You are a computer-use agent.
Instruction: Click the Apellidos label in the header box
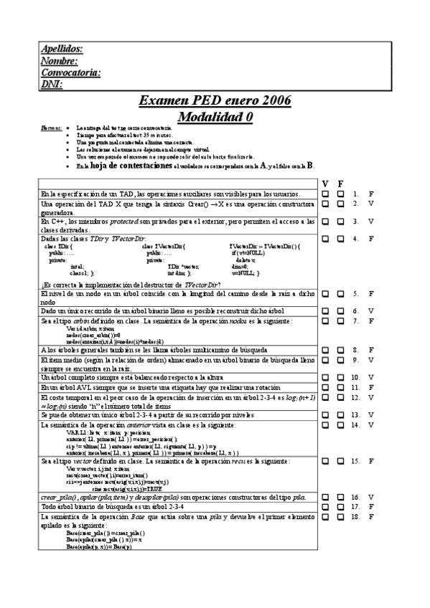click(61, 49)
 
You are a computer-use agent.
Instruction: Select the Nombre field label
click(58, 61)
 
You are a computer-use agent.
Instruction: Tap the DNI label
click(52, 85)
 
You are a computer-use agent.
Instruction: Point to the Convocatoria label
click(70, 72)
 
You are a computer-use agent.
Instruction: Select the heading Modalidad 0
click(215, 116)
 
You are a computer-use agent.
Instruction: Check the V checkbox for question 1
click(325, 194)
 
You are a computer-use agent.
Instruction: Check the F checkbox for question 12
click(340, 396)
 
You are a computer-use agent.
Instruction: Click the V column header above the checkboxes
click(325, 183)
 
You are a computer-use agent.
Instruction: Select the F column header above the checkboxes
click(340, 183)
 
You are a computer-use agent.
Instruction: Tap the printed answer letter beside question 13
click(371, 414)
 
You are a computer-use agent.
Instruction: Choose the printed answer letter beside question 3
click(371, 222)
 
